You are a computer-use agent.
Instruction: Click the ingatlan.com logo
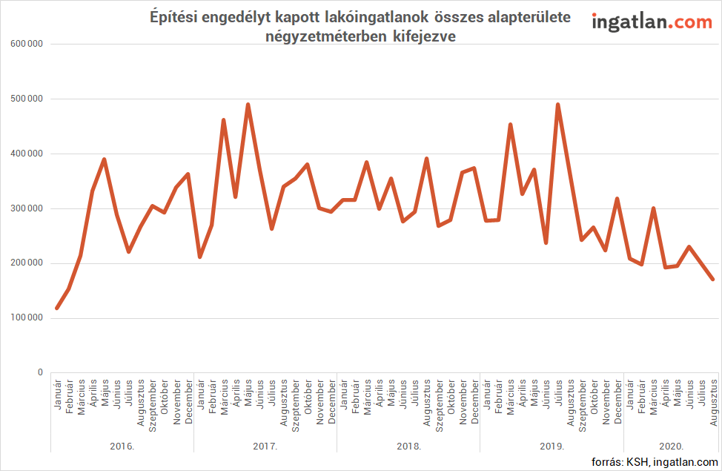click(652, 23)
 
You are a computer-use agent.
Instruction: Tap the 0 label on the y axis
click(40, 372)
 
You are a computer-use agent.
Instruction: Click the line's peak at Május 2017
click(248, 105)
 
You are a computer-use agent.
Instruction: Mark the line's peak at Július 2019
click(557, 105)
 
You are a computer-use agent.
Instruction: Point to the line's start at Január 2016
click(57, 308)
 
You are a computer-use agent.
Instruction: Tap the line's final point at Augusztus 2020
click(713, 279)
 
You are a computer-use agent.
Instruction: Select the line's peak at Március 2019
click(510, 125)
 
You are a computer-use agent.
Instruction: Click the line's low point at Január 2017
click(200, 257)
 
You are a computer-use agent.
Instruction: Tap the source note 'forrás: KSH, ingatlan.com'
click(655, 462)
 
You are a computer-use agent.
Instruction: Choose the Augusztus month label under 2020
click(713, 401)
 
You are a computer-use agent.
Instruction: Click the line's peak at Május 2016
click(105, 159)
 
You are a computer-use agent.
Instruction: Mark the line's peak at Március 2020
click(653, 208)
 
